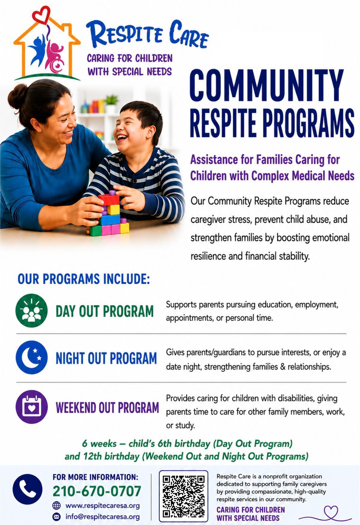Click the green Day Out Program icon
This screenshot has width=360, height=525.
pos(31,310)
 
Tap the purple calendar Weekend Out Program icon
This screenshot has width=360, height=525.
pos(31,407)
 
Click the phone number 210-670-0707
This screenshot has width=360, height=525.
pos(97,491)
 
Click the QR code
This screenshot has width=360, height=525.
pos(184,496)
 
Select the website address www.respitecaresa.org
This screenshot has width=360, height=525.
pos(103,505)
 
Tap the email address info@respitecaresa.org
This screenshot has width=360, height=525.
pos(103,517)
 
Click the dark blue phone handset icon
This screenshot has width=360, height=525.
pos(27,489)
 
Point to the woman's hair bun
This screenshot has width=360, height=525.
pos(17,96)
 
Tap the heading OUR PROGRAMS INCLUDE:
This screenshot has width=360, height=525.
pos(83,279)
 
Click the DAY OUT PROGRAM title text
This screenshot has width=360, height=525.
pos(104,311)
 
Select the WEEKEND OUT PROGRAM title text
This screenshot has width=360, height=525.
pos(107,407)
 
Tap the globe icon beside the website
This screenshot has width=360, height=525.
pos(56,505)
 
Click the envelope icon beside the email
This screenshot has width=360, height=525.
pos(56,517)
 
